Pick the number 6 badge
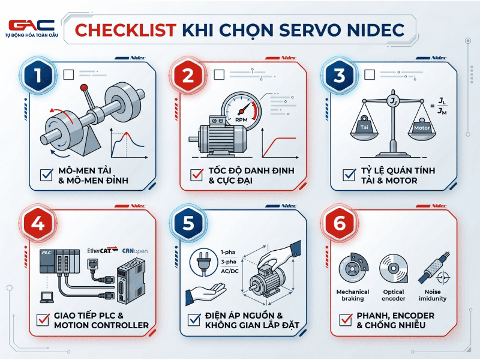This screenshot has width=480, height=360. click(340, 223)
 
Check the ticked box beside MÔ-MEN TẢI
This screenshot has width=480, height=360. click(46, 175)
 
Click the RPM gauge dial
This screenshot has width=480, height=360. click(241, 111)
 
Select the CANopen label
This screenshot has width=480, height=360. click(134, 250)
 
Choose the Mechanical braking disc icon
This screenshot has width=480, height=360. click(352, 269)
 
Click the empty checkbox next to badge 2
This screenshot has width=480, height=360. click(219, 75)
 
